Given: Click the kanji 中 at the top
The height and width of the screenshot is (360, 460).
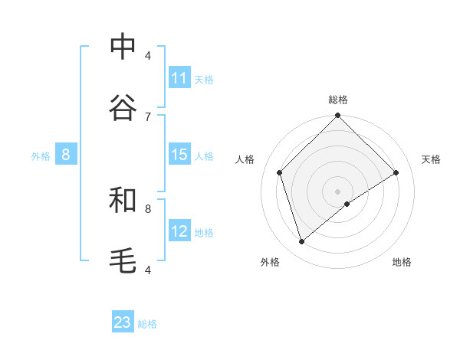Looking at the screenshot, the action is tap(123, 47).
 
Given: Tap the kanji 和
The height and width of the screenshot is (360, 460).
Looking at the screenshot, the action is tap(123, 200).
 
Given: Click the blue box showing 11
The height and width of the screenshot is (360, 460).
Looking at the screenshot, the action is tap(179, 78).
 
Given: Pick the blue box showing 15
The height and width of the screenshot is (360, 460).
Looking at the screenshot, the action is tap(179, 155).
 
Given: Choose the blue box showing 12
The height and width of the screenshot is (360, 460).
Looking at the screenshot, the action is tap(179, 231).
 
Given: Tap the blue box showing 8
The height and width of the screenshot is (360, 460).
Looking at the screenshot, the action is tap(66, 155).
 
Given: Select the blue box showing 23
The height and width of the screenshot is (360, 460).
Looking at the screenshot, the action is tap(123, 322).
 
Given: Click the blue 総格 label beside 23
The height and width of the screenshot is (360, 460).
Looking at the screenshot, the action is tap(147, 324).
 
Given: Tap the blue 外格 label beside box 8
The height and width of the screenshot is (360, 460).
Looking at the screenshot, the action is tap(41, 156).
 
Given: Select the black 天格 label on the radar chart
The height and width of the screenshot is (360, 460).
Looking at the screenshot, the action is tap(431, 159).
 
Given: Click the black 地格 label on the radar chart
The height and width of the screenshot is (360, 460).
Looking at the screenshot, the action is tap(402, 262).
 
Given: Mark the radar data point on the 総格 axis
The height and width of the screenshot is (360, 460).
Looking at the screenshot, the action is tap(337, 116).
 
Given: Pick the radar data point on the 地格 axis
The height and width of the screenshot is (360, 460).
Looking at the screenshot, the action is tap(347, 204).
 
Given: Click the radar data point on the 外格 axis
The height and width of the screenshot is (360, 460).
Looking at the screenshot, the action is tap(301, 241).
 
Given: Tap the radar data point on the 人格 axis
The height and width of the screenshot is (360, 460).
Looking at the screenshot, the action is tap(280, 172).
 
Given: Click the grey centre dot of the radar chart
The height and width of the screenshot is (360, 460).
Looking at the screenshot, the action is tap(337, 191).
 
